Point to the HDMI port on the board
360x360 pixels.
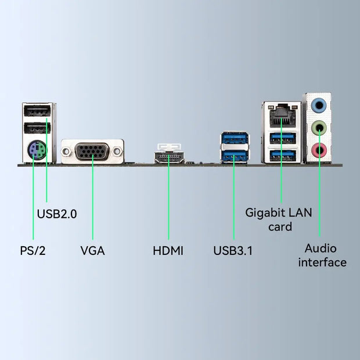coord(169,157)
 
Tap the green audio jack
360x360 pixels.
coord(319,127)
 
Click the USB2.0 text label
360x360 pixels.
coord(57,214)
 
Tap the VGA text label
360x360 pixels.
coord(92,251)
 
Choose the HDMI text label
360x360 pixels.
coord(168,251)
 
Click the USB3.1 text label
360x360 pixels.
coord(233,251)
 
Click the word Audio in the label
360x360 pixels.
coord(321,249)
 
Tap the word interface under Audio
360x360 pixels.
coord(322,262)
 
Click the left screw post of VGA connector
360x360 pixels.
coord(67,152)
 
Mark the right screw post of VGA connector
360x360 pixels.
coord(117,152)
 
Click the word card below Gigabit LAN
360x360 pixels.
coord(280,226)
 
